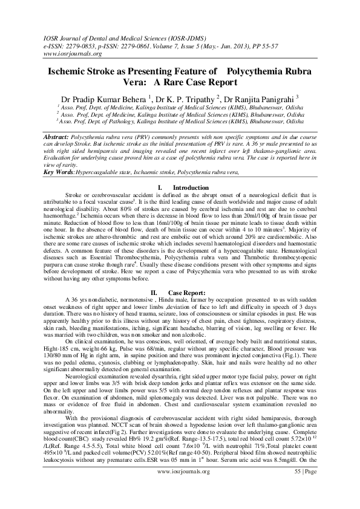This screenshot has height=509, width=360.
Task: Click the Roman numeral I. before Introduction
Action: (x=158, y=188)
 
